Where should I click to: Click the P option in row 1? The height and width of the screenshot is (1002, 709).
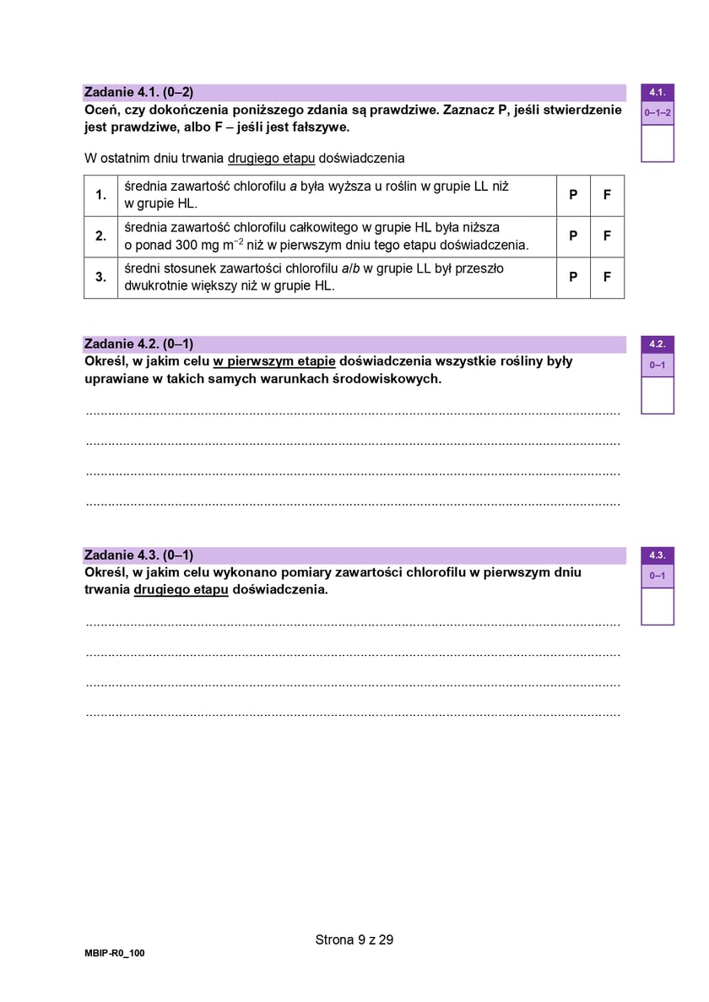point(573,195)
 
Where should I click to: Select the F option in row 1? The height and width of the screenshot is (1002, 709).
point(607,195)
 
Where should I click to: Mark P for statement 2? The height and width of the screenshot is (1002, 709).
point(573,236)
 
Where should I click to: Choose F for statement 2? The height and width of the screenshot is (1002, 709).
point(607,236)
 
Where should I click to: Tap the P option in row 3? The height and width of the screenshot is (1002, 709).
point(573,277)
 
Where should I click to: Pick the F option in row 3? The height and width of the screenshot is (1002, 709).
point(607,277)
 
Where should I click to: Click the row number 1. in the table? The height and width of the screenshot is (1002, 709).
point(100,195)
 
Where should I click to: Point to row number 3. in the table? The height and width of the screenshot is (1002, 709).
point(100,277)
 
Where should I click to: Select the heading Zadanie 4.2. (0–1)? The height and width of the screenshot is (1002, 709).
point(139,344)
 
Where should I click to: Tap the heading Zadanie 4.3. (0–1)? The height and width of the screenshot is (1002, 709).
point(139,555)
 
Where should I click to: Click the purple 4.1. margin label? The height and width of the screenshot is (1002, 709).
point(658,92)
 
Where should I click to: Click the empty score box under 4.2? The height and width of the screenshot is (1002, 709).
point(658,395)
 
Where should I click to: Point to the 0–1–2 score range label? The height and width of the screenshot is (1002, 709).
point(658,112)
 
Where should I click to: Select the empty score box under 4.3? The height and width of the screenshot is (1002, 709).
point(658,606)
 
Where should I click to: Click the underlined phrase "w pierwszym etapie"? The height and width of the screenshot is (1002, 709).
point(274,361)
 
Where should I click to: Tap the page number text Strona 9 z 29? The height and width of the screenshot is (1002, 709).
point(354,939)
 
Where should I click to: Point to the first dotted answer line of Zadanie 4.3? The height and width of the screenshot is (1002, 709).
point(353,624)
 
